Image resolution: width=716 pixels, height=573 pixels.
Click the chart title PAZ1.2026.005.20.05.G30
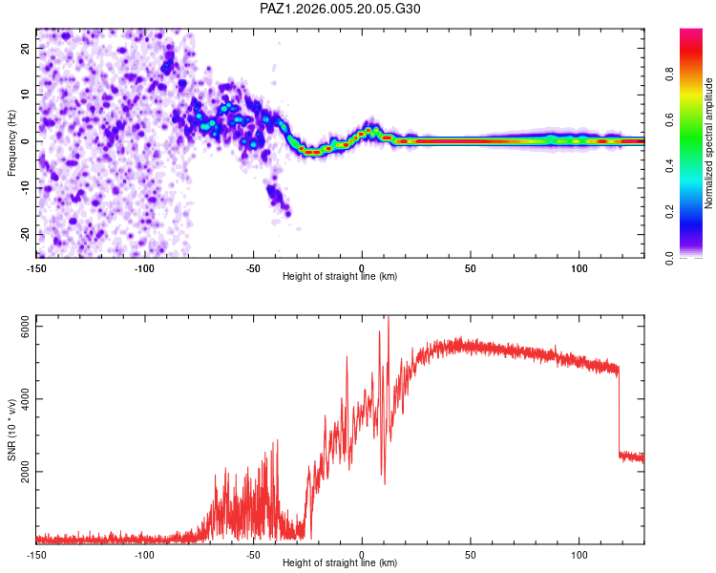(x=340, y=9)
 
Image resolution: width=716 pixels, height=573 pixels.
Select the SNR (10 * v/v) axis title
(x=11, y=429)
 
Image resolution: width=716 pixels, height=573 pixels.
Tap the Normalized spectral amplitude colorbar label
(x=708, y=143)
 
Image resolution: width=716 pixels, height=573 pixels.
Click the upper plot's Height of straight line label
(x=340, y=277)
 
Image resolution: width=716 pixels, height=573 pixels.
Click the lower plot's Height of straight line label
(x=340, y=563)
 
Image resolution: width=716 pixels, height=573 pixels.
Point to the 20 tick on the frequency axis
(x=27, y=48)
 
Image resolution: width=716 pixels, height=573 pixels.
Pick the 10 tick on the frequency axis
(x=27, y=95)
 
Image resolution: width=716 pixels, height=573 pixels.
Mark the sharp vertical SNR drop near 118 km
(x=619, y=411)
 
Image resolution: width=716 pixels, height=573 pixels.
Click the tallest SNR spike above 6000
(x=388, y=319)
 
